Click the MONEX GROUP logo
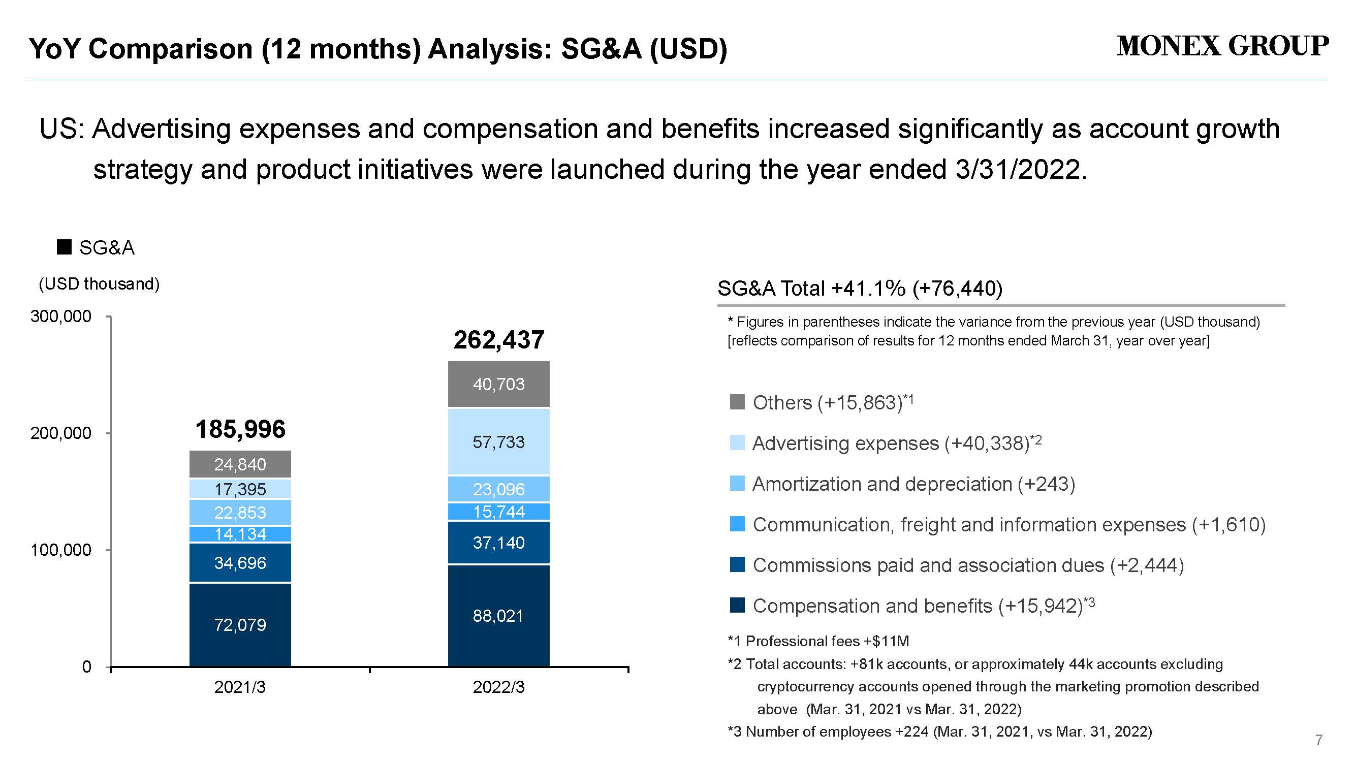(1222, 46)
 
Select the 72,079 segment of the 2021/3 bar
(240, 625)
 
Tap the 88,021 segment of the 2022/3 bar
(498, 616)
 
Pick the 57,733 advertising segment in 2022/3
(498, 442)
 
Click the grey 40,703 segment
(498, 385)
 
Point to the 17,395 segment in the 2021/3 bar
(240, 489)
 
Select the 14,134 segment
(240, 534)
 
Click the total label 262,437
(498, 340)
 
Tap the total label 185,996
(240, 429)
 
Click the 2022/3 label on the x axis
(498, 687)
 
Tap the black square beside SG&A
(64, 247)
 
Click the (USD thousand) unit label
(100, 284)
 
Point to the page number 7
(1319, 741)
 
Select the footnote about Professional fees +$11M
(818, 641)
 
